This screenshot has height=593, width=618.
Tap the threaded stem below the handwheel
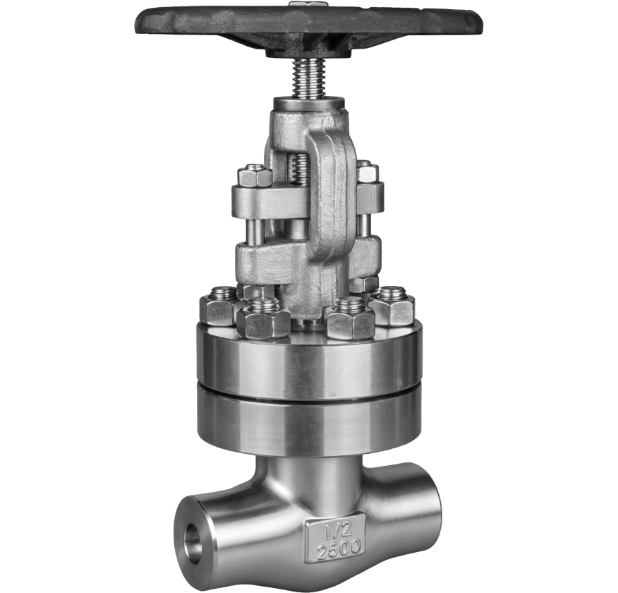pyautogui.click(x=310, y=78)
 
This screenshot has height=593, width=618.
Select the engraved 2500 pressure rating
pyautogui.click(x=339, y=547)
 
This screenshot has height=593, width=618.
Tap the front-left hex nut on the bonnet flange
pyautogui.click(x=263, y=317)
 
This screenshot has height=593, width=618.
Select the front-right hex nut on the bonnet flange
pyautogui.click(x=350, y=318)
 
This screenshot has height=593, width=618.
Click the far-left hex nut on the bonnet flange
pyautogui.click(x=218, y=305)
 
